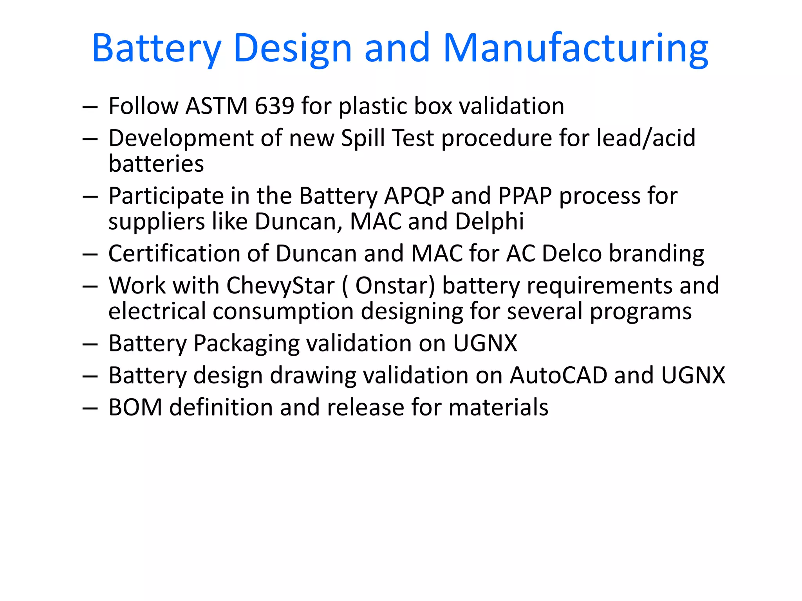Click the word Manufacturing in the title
coord(576,49)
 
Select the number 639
coord(274,106)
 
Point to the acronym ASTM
coord(217,106)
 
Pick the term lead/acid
coord(646,138)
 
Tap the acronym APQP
coord(414,196)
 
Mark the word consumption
coord(283,311)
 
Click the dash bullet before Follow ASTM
coord(90,107)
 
